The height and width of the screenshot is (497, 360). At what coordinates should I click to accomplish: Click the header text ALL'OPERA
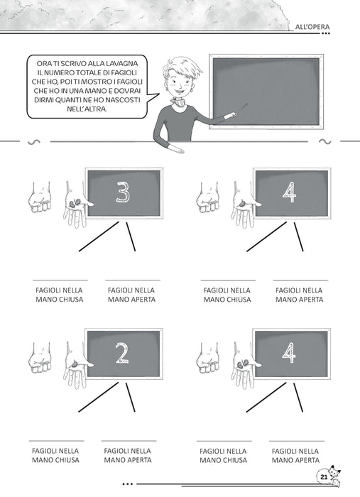tap(312, 27)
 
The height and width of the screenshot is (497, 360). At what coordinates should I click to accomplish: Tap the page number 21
tap(324, 477)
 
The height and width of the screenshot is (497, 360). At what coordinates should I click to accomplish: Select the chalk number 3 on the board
tap(123, 192)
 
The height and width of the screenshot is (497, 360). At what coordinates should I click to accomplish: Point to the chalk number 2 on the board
tap(122, 352)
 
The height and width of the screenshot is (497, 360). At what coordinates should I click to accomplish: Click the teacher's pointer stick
tap(241, 109)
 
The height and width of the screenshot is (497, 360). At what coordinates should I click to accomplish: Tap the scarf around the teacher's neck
tap(178, 102)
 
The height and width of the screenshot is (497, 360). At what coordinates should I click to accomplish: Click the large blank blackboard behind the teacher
tap(266, 92)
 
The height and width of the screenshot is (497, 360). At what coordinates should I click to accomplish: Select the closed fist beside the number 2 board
tap(40, 358)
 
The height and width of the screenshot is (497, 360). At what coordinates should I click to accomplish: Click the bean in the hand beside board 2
tap(75, 364)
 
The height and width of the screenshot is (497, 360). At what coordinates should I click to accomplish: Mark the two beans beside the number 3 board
tap(75, 204)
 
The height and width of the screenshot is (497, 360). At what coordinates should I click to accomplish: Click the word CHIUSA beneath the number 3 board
tap(71, 300)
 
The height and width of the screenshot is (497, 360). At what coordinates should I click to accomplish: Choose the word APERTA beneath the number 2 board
tap(140, 460)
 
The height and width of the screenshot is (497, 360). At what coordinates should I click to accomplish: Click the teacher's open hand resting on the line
tap(175, 148)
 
